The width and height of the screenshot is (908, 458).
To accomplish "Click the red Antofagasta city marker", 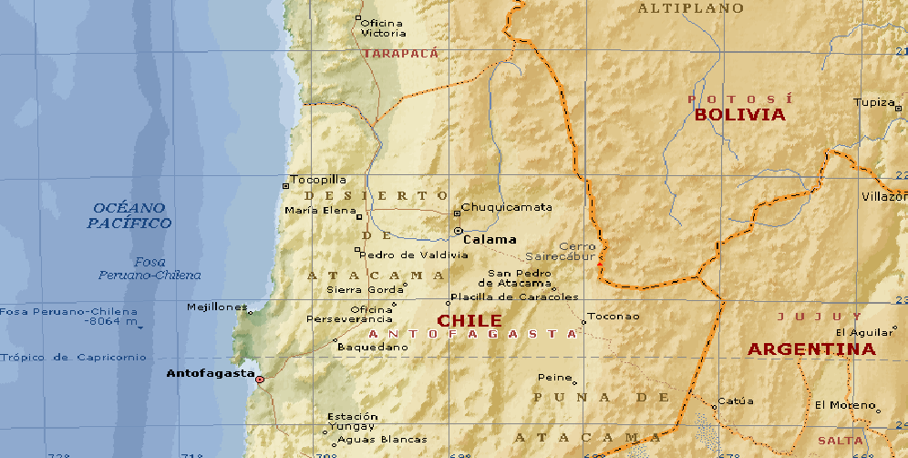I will click(260, 379).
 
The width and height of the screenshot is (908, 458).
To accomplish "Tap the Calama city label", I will click(490, 240).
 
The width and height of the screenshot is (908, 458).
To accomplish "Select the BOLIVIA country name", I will click(739, 115).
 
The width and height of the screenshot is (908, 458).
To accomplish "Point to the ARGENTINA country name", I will click(811, 349).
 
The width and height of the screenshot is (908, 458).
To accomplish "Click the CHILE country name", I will click(469, 321).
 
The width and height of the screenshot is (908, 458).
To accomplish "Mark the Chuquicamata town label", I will click(507, 207).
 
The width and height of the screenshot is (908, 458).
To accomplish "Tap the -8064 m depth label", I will click(110, 322).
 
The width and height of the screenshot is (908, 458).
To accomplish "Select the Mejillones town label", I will click(217, 307).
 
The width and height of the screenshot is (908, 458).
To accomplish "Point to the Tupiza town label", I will click(874, 102).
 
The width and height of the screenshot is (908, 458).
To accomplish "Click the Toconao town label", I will click(614, 317).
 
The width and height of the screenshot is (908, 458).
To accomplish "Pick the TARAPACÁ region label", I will click(400, 54).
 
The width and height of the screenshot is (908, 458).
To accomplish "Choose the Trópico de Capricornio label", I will click(73, 358).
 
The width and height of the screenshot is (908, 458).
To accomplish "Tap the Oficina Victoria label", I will click(383, 28).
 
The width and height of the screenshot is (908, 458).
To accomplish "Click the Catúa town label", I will click(736, 401).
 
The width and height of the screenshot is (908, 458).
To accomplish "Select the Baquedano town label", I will click(372, 347).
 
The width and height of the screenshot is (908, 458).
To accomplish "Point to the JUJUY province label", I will click(805, 317).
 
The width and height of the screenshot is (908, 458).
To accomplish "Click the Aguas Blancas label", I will click(369, 440).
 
